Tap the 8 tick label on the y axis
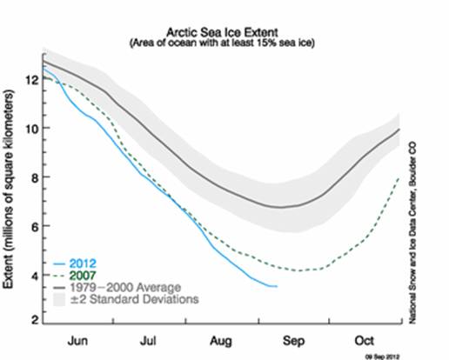pyautogui.click(x=30, y=177)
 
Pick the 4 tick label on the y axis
pyautogui.click(x=30, y=276)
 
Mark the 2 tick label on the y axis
pyautogui.click(x=30, y=323)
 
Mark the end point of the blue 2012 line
pyautogui.click(x=277, y=286)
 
